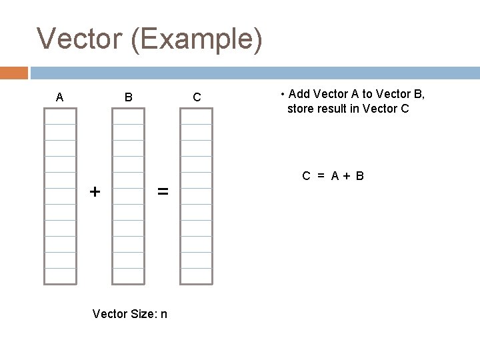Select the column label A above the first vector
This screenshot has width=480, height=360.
[x=59, y=98]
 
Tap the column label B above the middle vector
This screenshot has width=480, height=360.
[x=129, y=98]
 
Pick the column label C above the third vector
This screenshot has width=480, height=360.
[x=197, y=98]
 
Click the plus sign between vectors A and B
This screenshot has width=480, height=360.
[x=95, y=192]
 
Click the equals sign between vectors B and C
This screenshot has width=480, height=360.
[x=163, y=192]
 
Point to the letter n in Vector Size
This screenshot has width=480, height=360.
[x=163, y=313]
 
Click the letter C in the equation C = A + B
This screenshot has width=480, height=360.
[x=306, y=177]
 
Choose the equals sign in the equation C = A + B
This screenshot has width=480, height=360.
[x=320, y=177]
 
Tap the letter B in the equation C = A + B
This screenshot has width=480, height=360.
[x=359, y=177]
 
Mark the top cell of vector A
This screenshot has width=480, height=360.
[x=60, y=116]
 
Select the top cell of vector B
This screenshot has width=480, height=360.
[x=128, y=116]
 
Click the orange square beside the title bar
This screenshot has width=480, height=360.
[x=14, y=72]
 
